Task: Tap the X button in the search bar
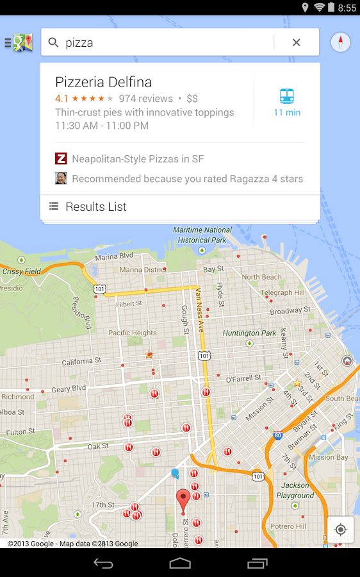pos(296,43)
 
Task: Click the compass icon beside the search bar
pos(340,42)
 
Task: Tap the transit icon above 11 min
pos(287,96)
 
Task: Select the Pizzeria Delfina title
pos(104,82)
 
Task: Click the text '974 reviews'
pos(146,99)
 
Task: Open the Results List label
pos(96,206)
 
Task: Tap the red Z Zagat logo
pos(61,158)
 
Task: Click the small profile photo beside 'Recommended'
pos(61,178)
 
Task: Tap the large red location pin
pos(183,499)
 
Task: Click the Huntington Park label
pos(249,333)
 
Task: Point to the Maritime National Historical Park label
pos(202,235)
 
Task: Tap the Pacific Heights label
pos(133,333)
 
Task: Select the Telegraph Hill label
pos(285,293)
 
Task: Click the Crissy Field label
pos(21,271)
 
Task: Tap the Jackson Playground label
pos(295,490)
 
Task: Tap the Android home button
pos(180,563)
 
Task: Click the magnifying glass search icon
pos(54,43)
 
